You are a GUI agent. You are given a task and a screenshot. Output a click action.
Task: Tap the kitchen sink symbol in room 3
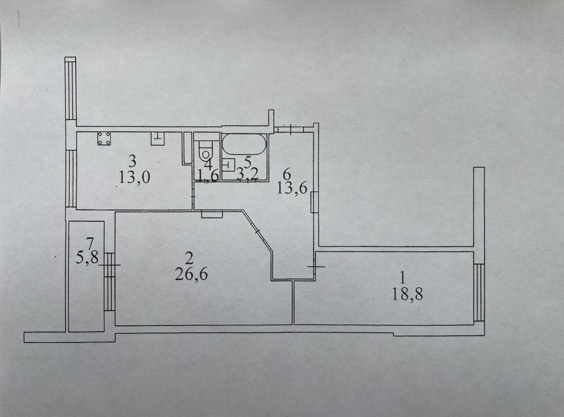(x=158, y=138)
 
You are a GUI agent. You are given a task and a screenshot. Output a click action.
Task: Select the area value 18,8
(x=407, y=294)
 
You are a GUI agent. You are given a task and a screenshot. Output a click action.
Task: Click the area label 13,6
(x=292, y=188)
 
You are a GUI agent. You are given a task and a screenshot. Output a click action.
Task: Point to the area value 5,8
(x=87, y=259)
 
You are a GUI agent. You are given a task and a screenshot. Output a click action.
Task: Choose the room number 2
(x=189, y=258)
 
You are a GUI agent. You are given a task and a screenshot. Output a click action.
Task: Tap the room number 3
(x=133, y=161)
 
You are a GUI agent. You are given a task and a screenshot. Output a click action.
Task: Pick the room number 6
(x=286, y=174)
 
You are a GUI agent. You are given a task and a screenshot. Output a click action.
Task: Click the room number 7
(x=90, y=243)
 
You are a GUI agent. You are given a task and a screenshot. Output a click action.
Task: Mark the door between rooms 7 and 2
(x=110, y=265)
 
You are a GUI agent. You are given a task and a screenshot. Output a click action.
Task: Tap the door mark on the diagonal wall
(x=257, y=232)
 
